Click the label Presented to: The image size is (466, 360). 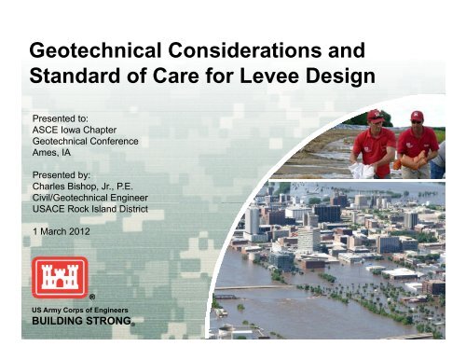point(61,119)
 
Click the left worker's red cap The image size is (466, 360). point(376,115)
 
